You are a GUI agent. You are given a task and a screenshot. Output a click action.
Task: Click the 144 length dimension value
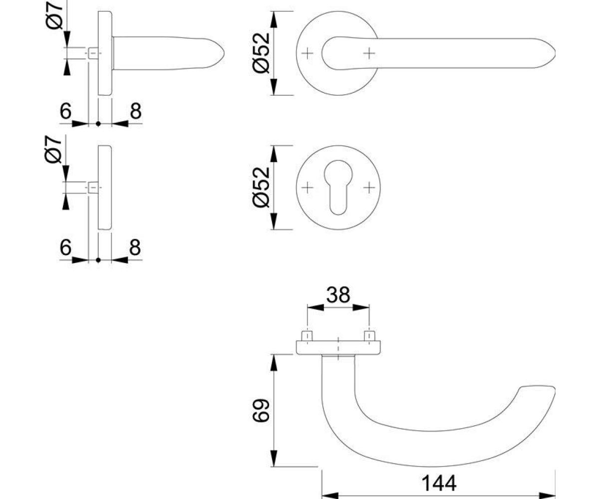pos(439,483)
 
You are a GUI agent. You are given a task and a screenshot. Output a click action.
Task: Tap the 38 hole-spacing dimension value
pos(338,294)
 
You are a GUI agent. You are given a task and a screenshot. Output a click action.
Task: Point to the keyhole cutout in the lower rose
pos(338,187)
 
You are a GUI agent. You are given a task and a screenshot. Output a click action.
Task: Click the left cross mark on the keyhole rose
pos(307,188)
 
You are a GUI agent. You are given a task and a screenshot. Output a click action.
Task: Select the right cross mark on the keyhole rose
pos(369,188)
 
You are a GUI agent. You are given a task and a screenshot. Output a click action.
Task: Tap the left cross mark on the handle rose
pos(307,53)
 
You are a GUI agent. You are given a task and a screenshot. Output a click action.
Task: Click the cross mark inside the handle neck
pos(369,53)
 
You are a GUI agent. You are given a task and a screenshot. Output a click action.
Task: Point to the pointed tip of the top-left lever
pos(224,53)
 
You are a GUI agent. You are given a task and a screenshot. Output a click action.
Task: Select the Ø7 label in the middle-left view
pos(53,149)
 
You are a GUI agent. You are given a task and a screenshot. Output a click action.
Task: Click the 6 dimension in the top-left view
pos(65,111)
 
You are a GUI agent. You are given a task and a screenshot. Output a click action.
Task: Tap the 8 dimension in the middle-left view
pos(135,247)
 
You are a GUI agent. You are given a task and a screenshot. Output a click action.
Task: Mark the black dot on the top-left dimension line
pos(98,124)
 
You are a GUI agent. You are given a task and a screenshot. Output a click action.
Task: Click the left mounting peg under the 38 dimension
pos(307,336)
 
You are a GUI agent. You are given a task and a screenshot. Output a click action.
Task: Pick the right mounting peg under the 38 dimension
pos(369,336)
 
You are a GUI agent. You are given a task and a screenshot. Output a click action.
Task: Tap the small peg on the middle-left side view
pos(92,188)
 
